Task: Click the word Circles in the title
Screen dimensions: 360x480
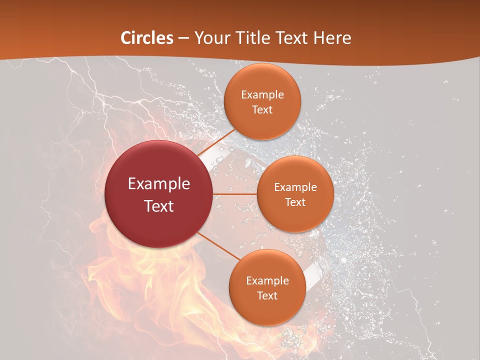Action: tap(147, 38)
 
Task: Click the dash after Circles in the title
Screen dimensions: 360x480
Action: tap(183, 38)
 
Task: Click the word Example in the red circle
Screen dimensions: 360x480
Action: tap(159, 184)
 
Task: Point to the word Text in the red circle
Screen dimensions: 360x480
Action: tap(159, 206)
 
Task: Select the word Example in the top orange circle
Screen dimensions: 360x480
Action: tap(262, 95)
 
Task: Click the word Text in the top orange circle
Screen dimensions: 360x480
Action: tap(262, 110)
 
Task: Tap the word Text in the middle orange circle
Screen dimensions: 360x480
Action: tap(295, 202)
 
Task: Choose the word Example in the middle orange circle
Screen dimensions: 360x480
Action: tap(295, 187)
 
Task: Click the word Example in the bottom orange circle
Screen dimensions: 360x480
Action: tap(267, 281)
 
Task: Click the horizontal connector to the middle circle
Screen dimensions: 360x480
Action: tap(235, 194)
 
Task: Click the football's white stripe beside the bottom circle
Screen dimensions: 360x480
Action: tap(310, 274)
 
